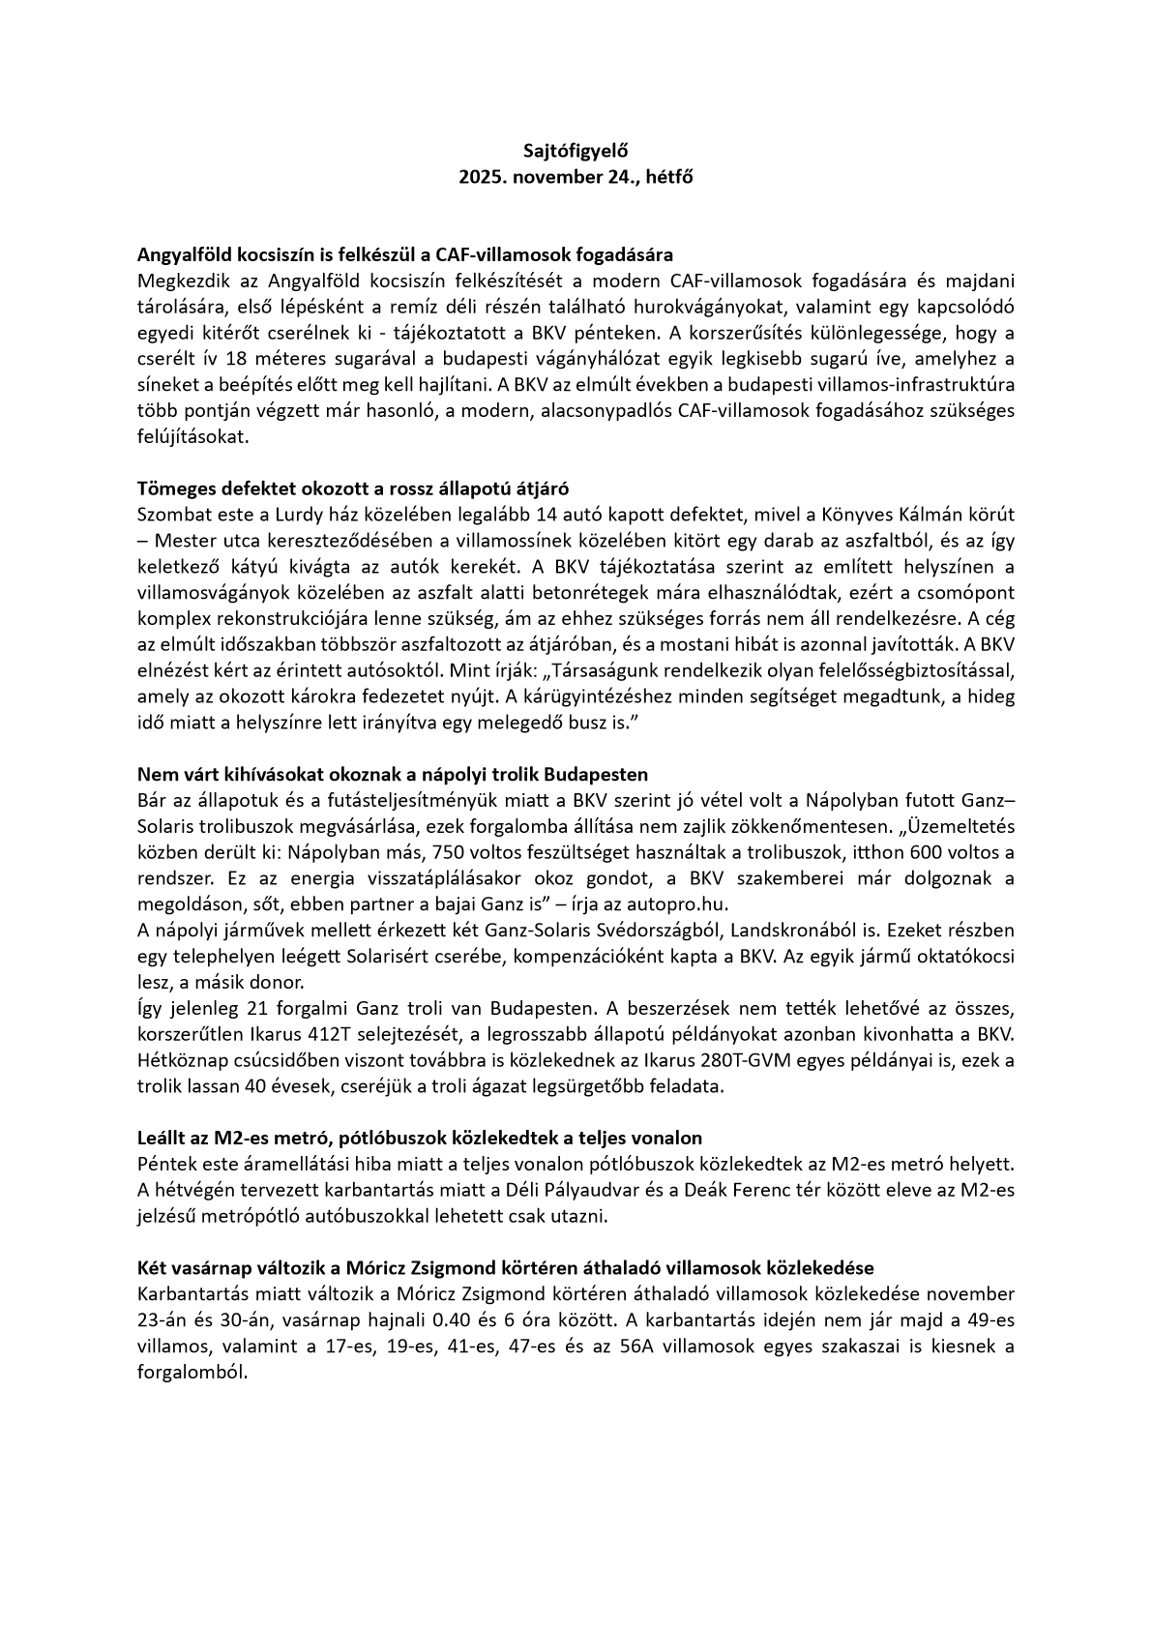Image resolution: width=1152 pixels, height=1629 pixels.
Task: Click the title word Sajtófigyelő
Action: (x=576, y=151)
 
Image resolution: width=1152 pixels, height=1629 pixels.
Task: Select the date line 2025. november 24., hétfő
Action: (x=576, y=177)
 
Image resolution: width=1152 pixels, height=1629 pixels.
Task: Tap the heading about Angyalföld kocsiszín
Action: (x=405, y=255)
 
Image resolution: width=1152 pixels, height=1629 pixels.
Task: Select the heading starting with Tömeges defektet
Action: (x=360, y=488)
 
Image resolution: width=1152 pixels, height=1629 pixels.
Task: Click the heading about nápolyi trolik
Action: (x=393, y=775)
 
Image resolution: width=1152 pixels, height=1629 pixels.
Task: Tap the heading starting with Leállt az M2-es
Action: (x=420, y=1138)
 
